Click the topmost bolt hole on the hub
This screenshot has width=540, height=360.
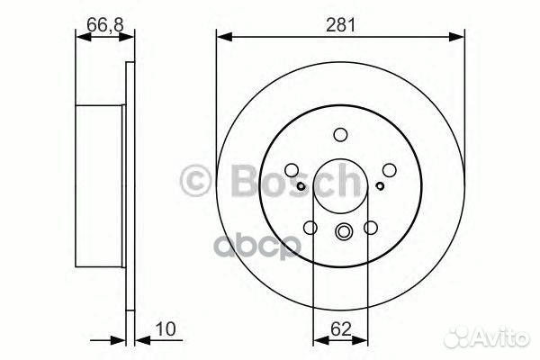point(340,135)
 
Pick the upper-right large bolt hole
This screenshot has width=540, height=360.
point(388,168)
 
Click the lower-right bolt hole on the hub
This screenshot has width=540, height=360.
point(371,229)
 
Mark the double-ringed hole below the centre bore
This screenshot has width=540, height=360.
point(342,232)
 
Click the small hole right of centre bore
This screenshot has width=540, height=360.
point(381,185)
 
